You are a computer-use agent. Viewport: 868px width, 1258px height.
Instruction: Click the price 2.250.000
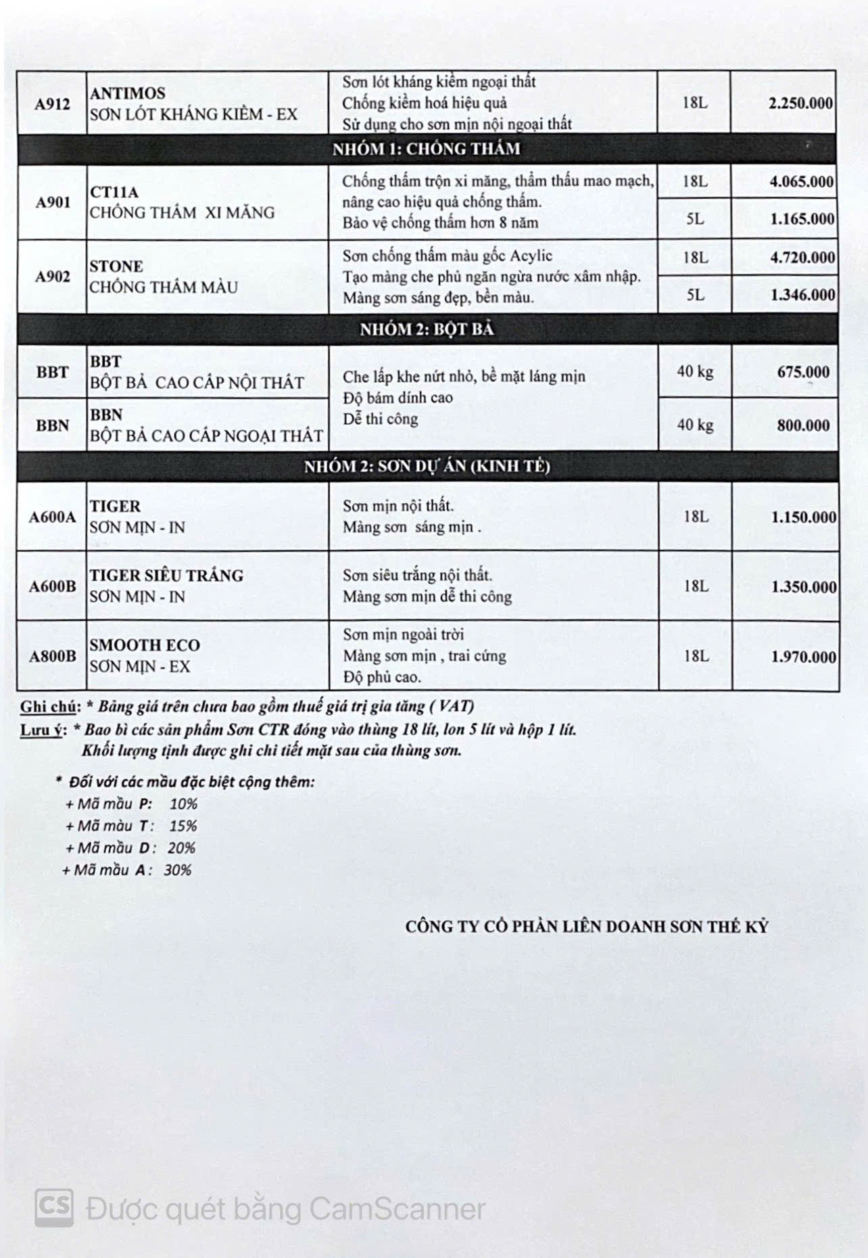800,103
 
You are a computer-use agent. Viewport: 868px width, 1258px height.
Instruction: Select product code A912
52,103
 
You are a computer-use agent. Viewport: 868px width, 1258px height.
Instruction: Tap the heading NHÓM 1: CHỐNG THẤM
426,149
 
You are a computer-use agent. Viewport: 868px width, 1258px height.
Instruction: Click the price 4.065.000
801,182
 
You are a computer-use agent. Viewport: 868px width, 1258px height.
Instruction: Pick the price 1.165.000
801,219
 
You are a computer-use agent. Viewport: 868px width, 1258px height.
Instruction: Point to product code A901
52,202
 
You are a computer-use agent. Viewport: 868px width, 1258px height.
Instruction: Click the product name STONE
116,266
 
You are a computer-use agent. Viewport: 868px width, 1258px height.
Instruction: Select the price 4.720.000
802,258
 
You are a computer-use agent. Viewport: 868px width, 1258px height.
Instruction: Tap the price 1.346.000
802,295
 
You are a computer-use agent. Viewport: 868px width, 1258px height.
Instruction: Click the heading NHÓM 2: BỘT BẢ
426,329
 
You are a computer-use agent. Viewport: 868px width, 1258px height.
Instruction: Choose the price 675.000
803,372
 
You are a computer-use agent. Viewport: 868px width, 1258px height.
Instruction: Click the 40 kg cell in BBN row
695,425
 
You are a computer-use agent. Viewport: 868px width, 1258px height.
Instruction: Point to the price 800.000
803,425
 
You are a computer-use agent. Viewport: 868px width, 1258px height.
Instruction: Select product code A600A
52,517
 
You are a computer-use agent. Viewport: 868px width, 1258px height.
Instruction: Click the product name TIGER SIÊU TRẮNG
166,576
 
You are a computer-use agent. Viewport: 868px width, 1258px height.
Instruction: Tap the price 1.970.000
803,657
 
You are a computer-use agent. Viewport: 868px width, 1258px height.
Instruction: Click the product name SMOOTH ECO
145,645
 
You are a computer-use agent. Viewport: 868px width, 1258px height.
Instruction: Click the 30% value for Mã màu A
177,870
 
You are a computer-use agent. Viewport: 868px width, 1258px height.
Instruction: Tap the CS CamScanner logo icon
54,1207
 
